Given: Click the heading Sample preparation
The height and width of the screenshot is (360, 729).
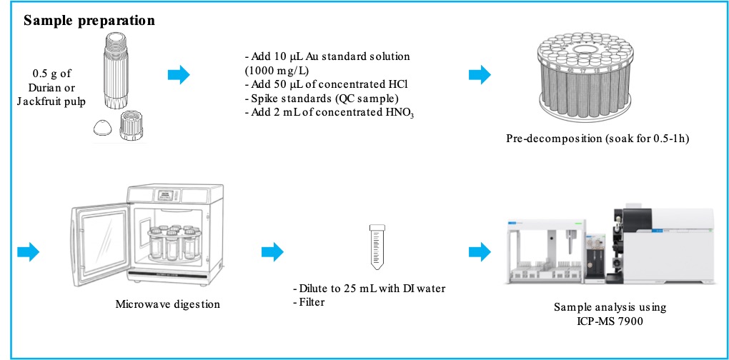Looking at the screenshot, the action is pos(89,21).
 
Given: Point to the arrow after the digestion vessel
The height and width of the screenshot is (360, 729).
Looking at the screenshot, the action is pos(179,74).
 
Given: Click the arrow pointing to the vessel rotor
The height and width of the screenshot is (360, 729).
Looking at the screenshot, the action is pos(480,74).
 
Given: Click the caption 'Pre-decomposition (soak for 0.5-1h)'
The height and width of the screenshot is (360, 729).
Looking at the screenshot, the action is pos(597,139).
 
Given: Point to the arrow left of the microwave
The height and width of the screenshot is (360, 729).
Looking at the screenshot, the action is pos(29,251).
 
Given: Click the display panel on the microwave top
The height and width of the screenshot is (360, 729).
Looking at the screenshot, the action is pos(167,194).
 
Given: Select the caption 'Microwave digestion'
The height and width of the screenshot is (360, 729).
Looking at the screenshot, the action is pos(167,305).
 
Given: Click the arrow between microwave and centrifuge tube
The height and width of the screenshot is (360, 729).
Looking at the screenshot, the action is pos(272,251).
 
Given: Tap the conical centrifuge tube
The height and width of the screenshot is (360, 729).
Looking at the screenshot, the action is pos(377,246).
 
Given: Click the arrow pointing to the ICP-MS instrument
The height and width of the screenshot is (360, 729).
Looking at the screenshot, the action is pos(480,251).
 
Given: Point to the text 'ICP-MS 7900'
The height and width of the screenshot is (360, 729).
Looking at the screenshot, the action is pos(610,321).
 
